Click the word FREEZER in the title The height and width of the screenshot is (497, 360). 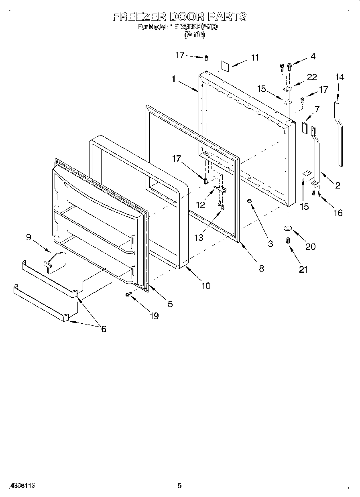pos(139,17)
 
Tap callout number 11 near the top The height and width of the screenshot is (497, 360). pos(255,58)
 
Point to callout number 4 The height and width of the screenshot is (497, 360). pos(313,57)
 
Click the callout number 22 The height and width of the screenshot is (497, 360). pos(312,77)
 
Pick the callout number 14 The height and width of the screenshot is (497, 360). pos(340,77)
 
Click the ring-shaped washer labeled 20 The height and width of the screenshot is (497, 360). pos(288,228)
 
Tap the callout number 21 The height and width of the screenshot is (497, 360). pos(303,270)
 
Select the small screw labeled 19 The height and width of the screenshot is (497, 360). pos(128,294)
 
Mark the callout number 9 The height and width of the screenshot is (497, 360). pos(28,237)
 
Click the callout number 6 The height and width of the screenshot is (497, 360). pos(104,329)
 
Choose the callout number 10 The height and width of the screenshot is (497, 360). pos(205,286)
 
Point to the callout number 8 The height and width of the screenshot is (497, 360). pos(261,268)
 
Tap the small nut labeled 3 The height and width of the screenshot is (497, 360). pos(250,200)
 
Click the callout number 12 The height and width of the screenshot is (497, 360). pos(200,205)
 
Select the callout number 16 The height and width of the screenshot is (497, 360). pos(338,213)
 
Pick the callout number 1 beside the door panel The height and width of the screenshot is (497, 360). pos(173,79)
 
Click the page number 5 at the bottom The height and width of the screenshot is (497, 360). pos(180,486)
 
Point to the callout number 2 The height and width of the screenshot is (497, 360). pos(338,185)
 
